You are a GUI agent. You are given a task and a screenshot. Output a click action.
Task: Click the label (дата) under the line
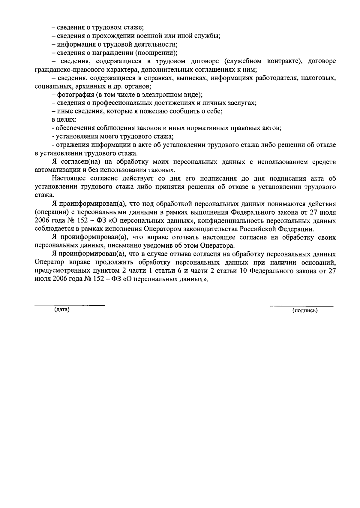62,310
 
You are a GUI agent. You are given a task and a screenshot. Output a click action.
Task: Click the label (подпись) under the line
305,311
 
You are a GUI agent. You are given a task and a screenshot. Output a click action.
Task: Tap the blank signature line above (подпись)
301,306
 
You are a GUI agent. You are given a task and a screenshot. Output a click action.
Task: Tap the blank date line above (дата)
70,305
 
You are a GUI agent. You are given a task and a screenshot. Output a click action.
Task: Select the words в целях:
64,120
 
